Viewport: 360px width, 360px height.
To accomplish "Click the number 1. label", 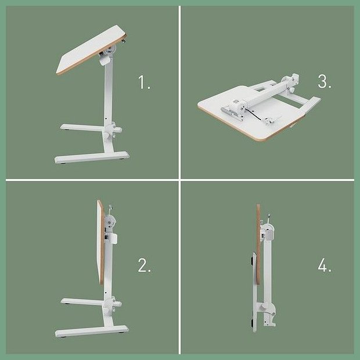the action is [144, 82].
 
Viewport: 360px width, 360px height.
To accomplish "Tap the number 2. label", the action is [145, 265].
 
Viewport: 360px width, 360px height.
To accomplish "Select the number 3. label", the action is [325, 81].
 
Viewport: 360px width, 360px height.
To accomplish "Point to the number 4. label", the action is [325, 265].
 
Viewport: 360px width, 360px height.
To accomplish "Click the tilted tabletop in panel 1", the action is [91, 49].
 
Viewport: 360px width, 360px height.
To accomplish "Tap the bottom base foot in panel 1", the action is [92, 157].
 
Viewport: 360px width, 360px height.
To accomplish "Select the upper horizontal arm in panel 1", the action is [82, 128].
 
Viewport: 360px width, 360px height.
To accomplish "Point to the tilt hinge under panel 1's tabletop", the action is [107, 55].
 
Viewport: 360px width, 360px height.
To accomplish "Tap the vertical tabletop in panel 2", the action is [101, 242].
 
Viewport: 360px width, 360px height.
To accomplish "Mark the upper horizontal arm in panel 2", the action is [82, 302].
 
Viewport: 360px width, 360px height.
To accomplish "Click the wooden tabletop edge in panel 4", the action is [258, 244].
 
